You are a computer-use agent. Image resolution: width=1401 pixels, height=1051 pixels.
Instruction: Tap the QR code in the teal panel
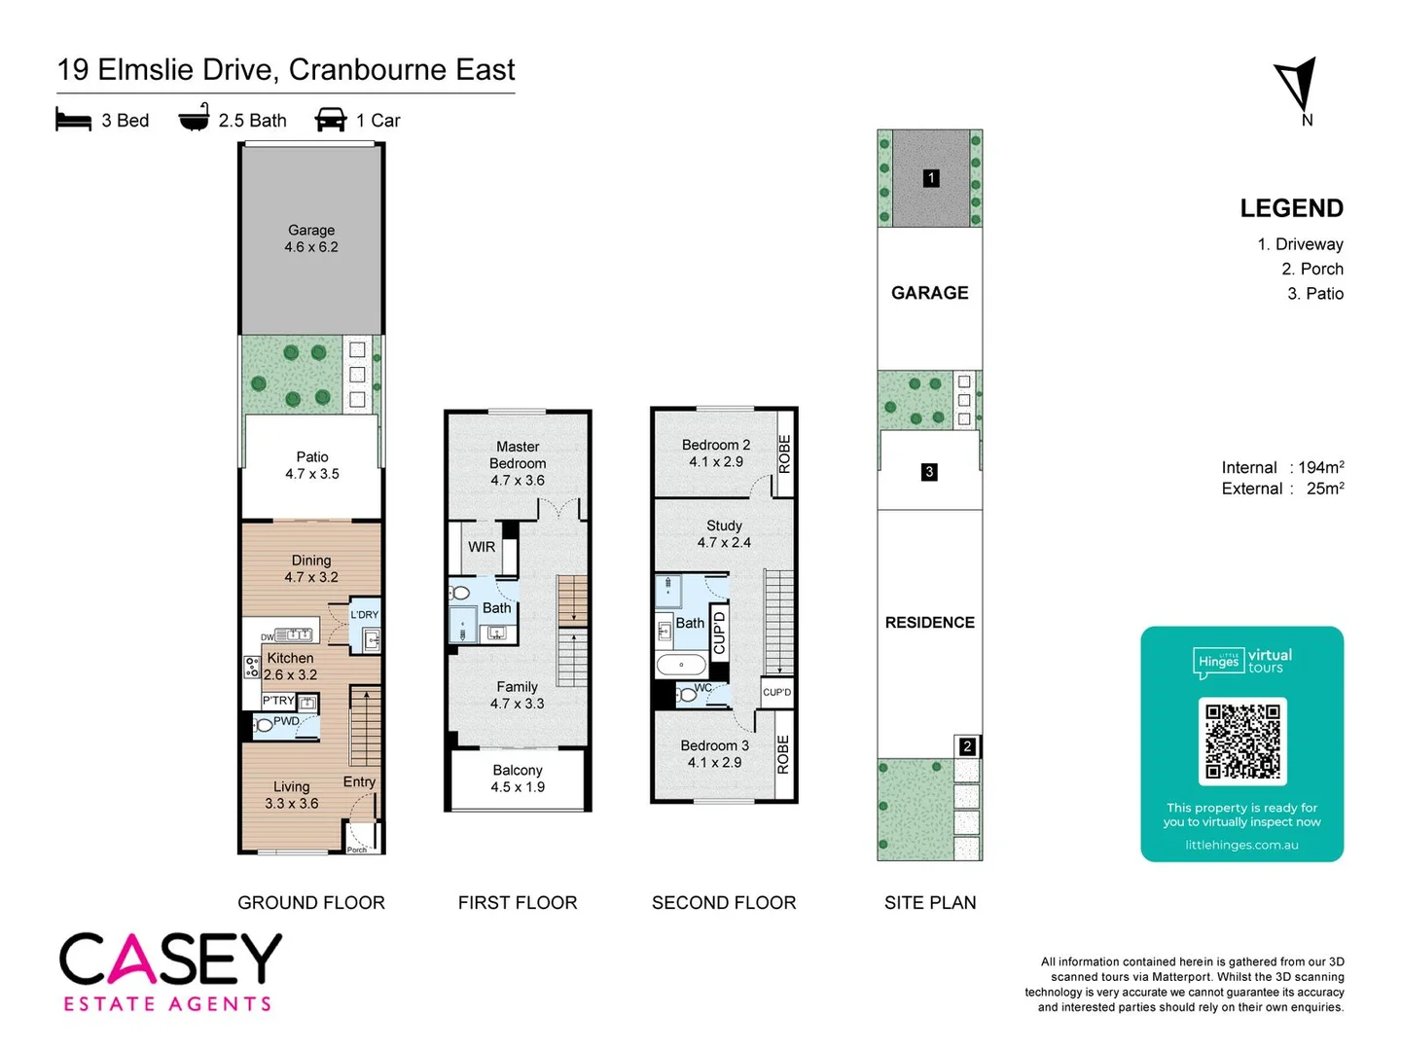point(1242,742)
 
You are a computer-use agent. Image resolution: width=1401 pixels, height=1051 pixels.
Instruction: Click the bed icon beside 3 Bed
point(73,120)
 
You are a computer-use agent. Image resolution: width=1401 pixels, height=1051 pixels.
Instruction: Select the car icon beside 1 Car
point(331,120)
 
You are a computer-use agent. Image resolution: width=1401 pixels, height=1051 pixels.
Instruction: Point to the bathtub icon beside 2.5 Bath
point(194,118)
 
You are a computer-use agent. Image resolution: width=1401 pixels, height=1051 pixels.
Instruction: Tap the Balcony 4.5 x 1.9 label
point(518,779)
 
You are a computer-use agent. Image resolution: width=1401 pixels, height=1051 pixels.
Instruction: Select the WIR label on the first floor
point(482,547)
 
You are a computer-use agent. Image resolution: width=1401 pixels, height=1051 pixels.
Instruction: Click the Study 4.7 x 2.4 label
point(724,534)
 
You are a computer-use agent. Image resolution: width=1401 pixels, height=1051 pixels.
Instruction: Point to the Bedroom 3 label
point(714,745)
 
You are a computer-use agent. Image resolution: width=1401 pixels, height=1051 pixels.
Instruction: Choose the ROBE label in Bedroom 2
point(784,453)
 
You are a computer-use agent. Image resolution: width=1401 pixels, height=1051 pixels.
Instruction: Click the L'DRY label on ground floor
point(365,614)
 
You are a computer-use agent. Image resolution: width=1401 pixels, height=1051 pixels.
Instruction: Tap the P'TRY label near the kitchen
point(278,701)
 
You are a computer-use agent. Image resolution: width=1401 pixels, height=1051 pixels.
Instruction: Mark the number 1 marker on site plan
point(931,178)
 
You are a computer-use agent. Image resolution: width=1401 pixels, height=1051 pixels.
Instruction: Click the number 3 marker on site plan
point(929,472)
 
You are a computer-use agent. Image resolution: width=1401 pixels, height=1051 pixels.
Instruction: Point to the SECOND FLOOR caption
point(724,903)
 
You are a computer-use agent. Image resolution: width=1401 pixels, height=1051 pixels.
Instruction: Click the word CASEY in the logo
point(170,960)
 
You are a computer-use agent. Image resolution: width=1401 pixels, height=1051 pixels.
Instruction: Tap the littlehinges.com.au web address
point(1241,845)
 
